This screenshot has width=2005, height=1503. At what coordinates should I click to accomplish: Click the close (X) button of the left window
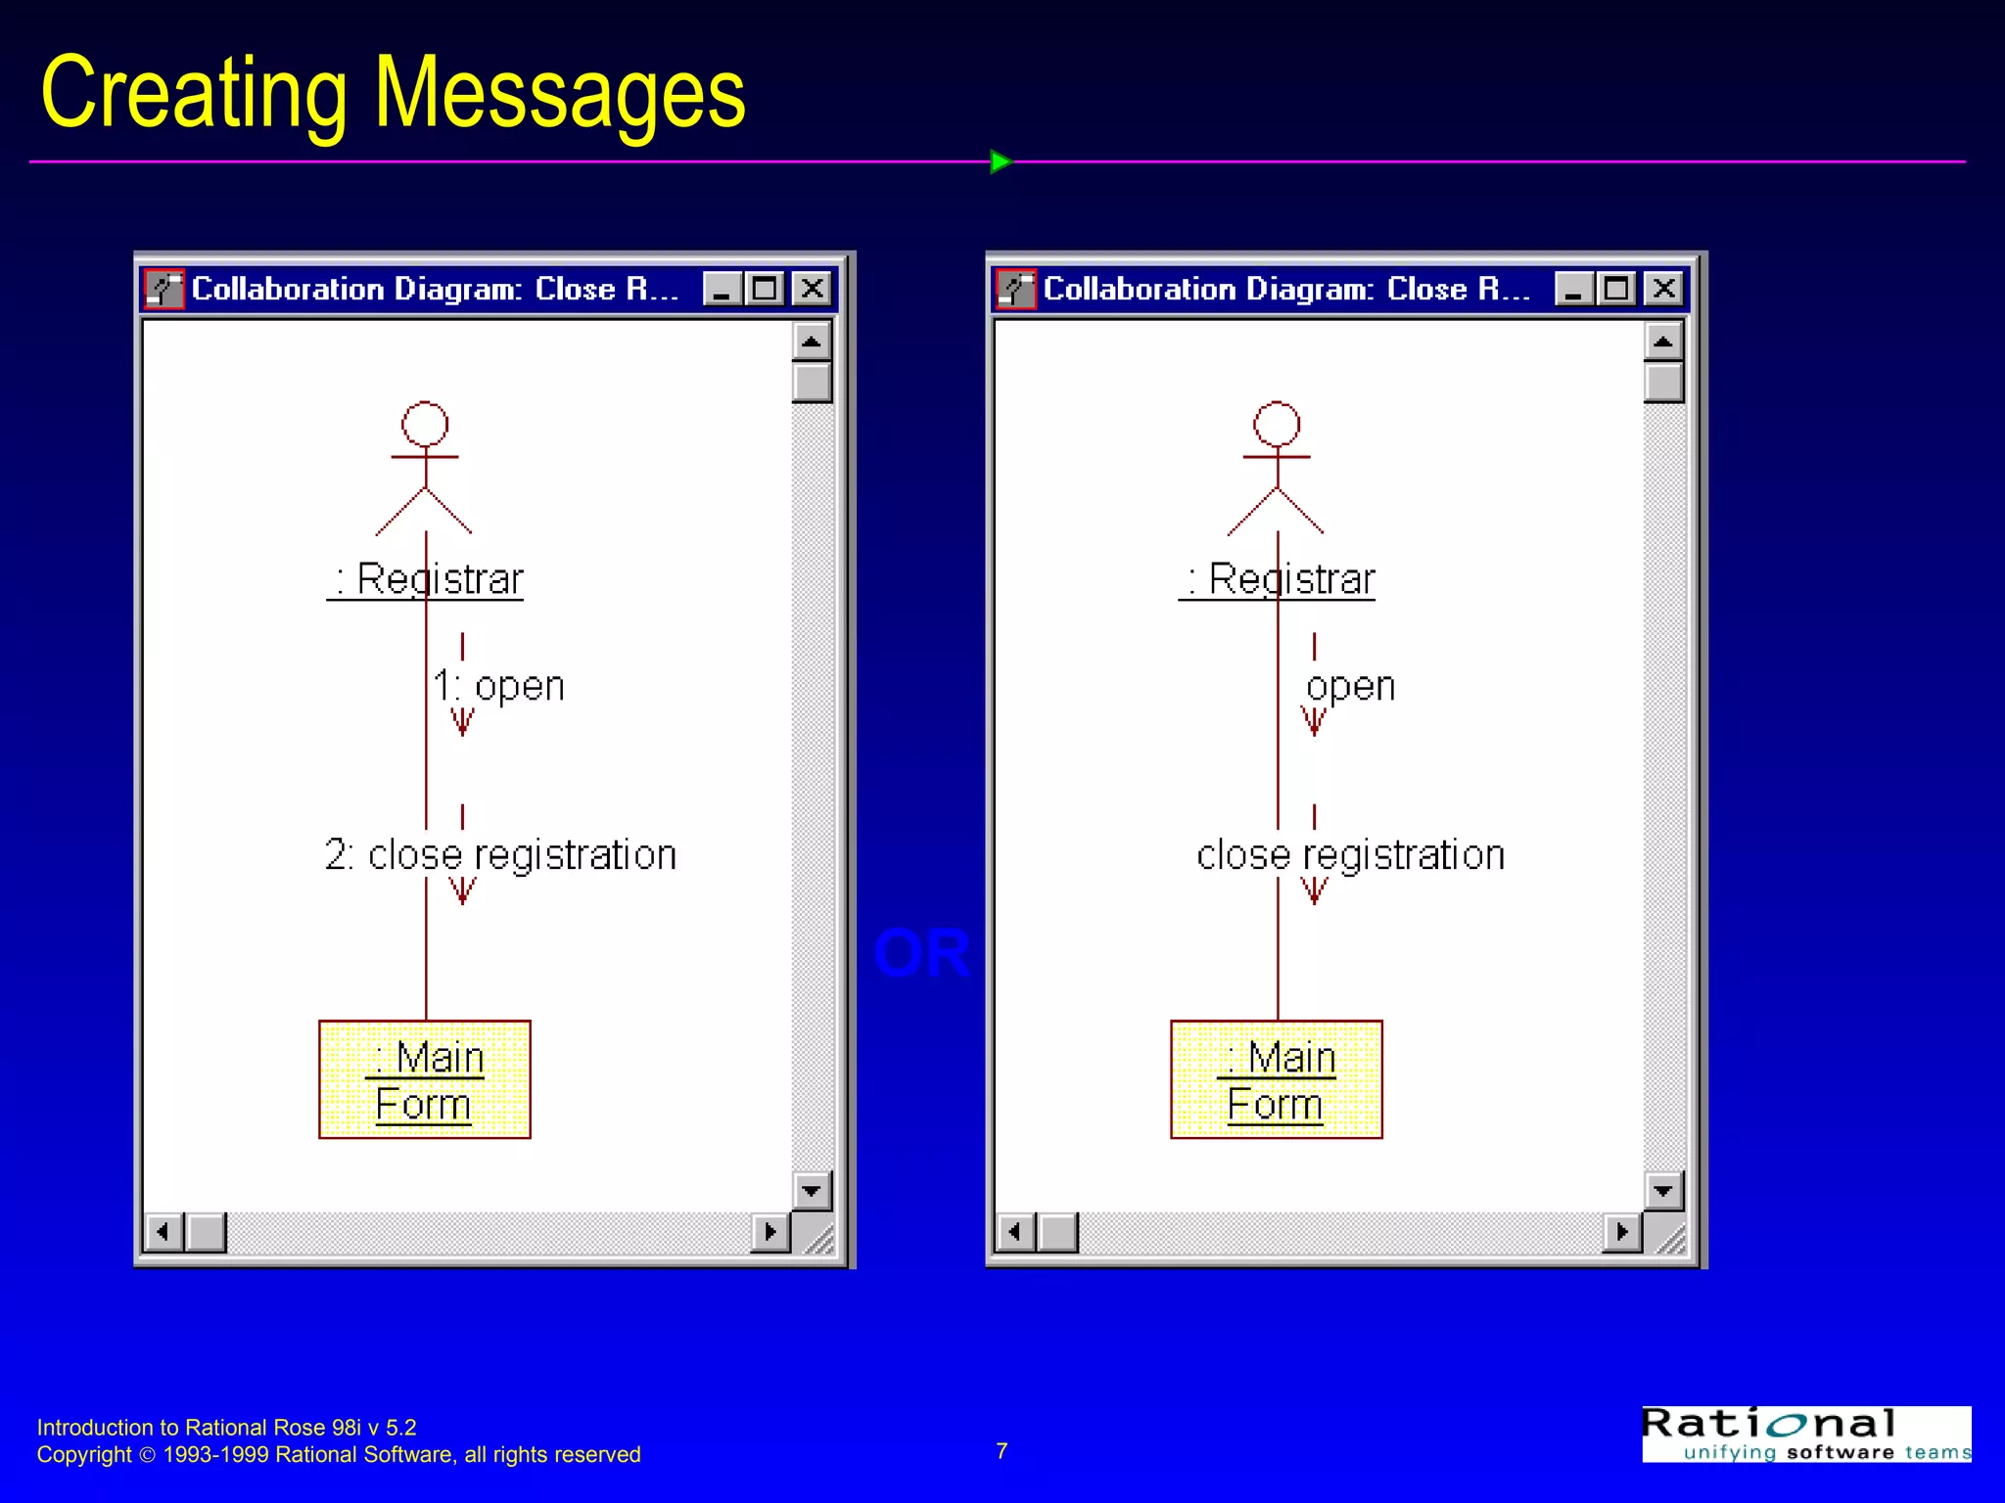[812, 289]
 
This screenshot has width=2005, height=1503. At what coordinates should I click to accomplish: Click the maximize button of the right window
[1616, 289]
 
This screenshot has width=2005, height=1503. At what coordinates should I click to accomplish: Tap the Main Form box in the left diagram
[425, 1079]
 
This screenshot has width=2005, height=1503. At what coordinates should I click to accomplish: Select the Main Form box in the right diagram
[1277, 1079]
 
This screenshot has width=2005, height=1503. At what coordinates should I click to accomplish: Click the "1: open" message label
[499, 686]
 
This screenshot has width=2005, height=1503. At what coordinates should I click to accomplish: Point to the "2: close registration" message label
[500, 855]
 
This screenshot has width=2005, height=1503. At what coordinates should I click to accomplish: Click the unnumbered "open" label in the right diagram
[1351, 686]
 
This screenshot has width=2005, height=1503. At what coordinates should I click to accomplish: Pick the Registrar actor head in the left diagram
[425, 425]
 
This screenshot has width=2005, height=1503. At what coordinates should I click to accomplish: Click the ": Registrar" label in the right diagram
[1278, 579]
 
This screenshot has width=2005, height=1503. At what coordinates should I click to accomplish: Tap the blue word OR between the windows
[921, 954]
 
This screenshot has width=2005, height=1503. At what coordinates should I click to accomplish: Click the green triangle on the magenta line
[1000, 161]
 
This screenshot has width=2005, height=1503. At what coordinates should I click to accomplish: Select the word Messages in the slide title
[560, 93]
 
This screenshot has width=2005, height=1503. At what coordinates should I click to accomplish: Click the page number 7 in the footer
[1002, 1451]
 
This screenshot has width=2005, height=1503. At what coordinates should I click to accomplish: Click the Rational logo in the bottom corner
[1806, 1435]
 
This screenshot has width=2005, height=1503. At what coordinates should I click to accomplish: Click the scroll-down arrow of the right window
[1663, 1191]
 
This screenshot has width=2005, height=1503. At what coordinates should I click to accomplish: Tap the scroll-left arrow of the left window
[163, 1231]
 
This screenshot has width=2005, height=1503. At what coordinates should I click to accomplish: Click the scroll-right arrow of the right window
[1622, 1231]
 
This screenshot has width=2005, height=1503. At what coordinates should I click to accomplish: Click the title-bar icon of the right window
[1016, 289]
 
